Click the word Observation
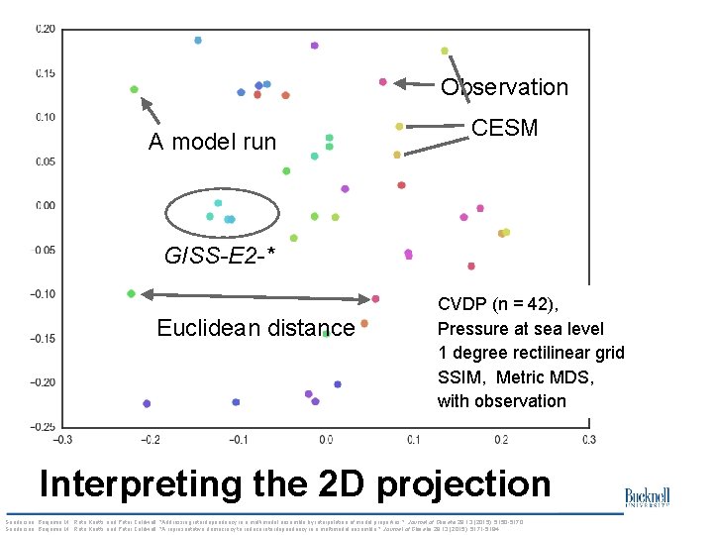504,87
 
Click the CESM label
504,128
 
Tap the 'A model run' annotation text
212,142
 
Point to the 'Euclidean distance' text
255,328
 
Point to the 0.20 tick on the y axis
46,29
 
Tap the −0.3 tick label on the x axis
61,440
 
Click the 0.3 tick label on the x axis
588,440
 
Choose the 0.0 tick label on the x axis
326,440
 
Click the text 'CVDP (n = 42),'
498,304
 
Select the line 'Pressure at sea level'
520,328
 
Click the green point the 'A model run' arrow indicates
134,89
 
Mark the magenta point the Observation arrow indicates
382,82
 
